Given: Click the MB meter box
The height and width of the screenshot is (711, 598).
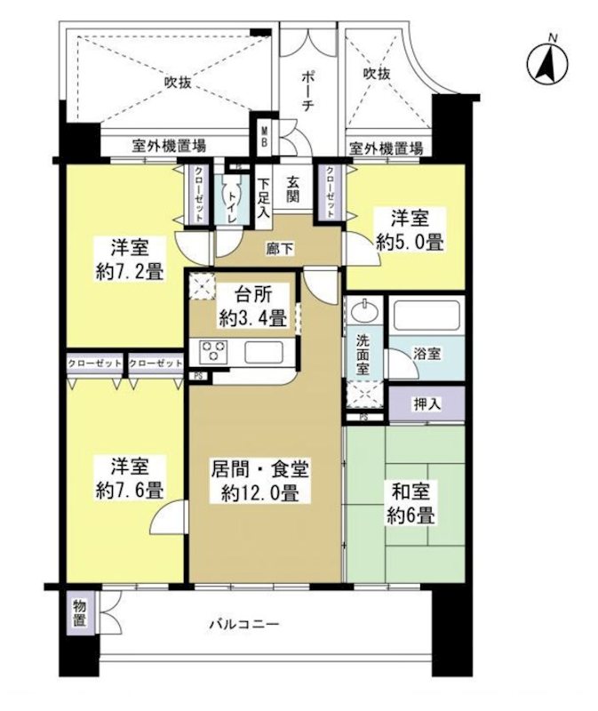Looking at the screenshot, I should click(x=265, y=139).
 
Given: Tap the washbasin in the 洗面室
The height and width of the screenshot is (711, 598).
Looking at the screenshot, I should click(x=363, y=313).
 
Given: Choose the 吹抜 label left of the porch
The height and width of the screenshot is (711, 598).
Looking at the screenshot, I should click(x=178, y=83).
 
